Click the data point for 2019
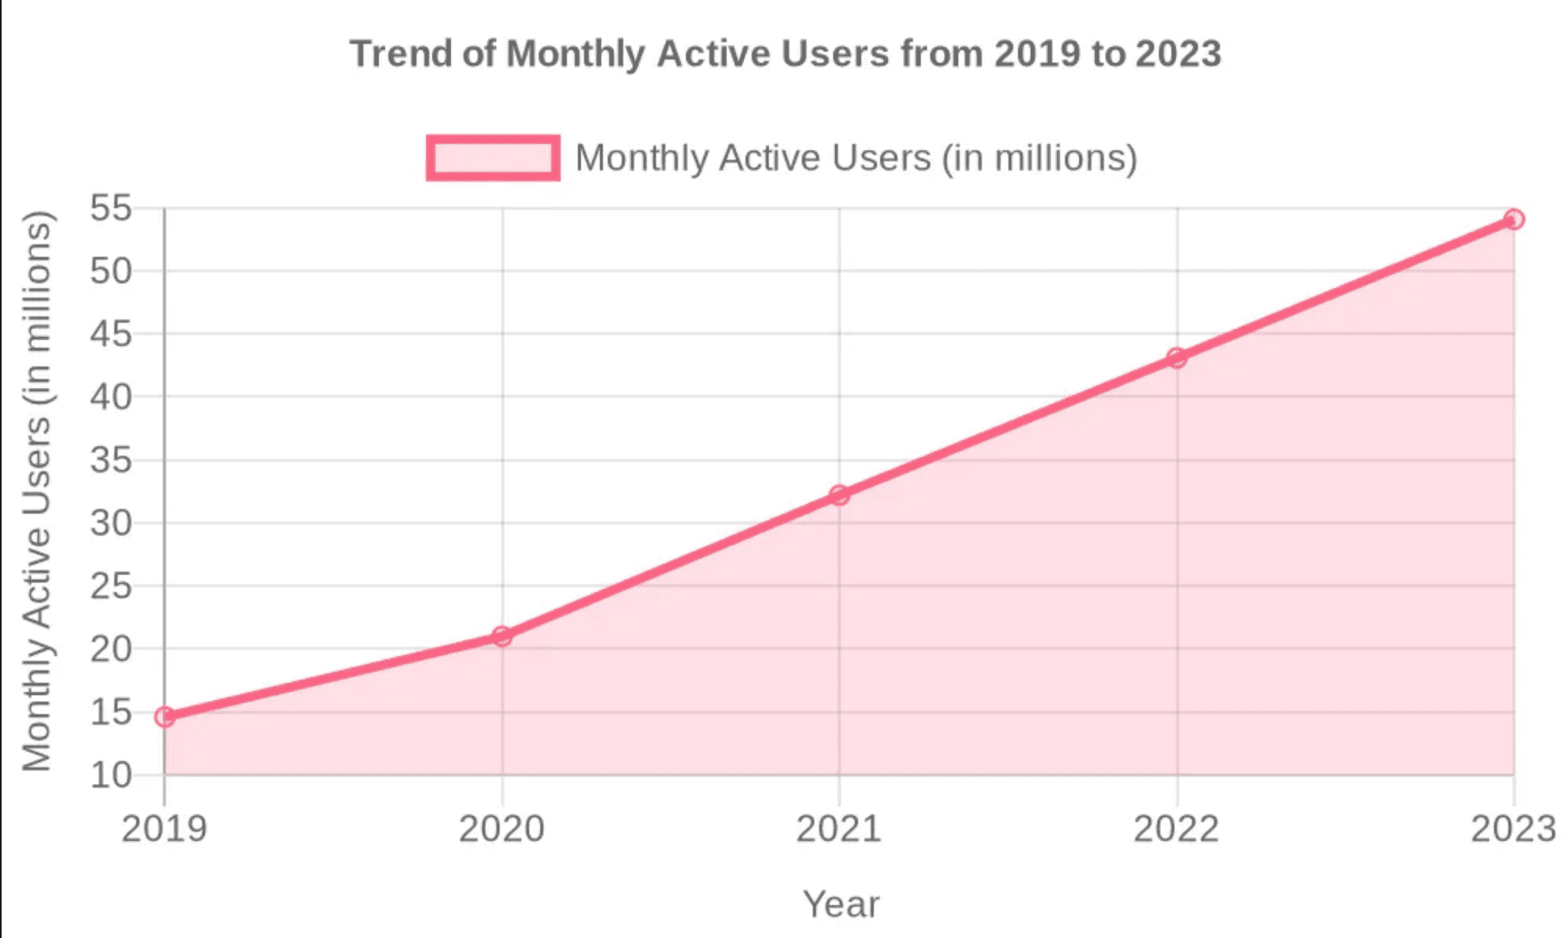point(164,716)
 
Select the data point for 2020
point(502,636)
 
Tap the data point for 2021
point(839,495)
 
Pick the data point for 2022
point(1176,358)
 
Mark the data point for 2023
point(1514,219)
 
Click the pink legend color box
point(493,157)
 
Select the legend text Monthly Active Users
point(856,157)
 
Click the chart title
point(785,54)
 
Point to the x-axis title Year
point(840,904)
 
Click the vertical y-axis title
point(37,491)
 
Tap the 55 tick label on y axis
point(110,209)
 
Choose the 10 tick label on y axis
point(110,775)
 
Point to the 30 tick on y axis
point(110,523)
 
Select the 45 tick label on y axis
point(110,334)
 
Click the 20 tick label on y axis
point(110,649)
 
